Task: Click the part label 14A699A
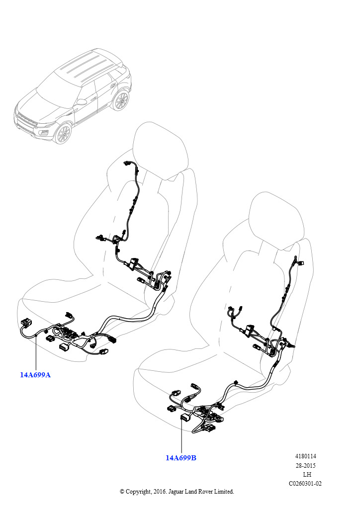[x=35, y=375]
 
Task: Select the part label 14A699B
[x=181, y=458]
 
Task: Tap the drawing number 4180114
[x=305, y=456]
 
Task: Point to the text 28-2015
[x=305, y=465]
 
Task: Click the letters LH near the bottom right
[x=307, y=475]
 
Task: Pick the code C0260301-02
[x=305, y=483]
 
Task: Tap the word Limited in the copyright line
[x=223, y=492]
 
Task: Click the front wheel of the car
[x=63, y=133]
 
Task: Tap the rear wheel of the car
[x=121, y=100]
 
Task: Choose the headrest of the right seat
[x=278, y=221]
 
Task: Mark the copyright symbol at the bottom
[x=122, y=492]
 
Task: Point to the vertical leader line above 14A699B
[x=181, y=436]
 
